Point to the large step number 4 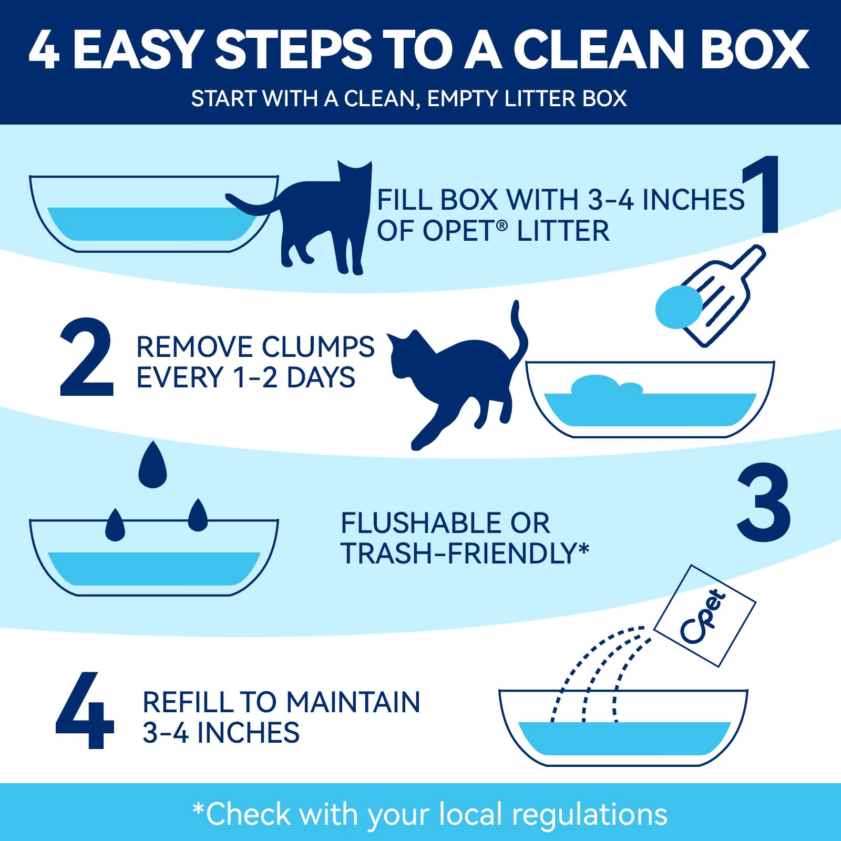click(85, 710)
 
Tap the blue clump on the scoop click(679, 307)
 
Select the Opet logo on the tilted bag click(703, 616)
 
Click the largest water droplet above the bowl click(152, 465)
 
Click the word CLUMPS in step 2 click(318, 347)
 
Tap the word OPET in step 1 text click(457, 231)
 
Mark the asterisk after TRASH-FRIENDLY click(583, 550)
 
